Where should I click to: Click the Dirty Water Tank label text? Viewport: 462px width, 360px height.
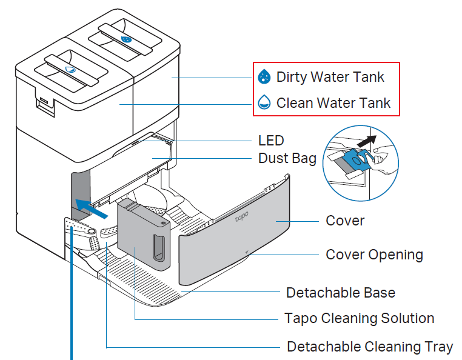(x=330, y=77)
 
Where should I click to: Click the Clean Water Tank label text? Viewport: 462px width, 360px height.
(x=333, y=102)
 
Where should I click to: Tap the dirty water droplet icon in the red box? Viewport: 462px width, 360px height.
(x=264, y=77)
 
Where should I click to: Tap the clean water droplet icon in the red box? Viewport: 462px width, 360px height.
(x=264, y=102)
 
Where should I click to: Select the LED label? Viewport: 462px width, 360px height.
(x=270, y=141)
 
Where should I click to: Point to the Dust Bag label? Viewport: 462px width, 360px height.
(x=287, y=158)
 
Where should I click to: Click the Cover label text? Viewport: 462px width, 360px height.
(x=345, y=221)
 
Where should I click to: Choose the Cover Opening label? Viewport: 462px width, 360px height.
(x=374, y=254)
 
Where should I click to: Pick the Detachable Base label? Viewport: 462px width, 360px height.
(x=340, y=293)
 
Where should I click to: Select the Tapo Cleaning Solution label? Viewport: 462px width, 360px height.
(x=359, y=318)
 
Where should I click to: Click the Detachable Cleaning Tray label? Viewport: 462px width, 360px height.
(x=369, y=347)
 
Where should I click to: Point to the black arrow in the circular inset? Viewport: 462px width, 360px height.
(x=366, y=141)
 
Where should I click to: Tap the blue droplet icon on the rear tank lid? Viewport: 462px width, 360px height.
(x=127, y=39)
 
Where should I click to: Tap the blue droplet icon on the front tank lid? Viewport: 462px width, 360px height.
(x=71, y=69)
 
